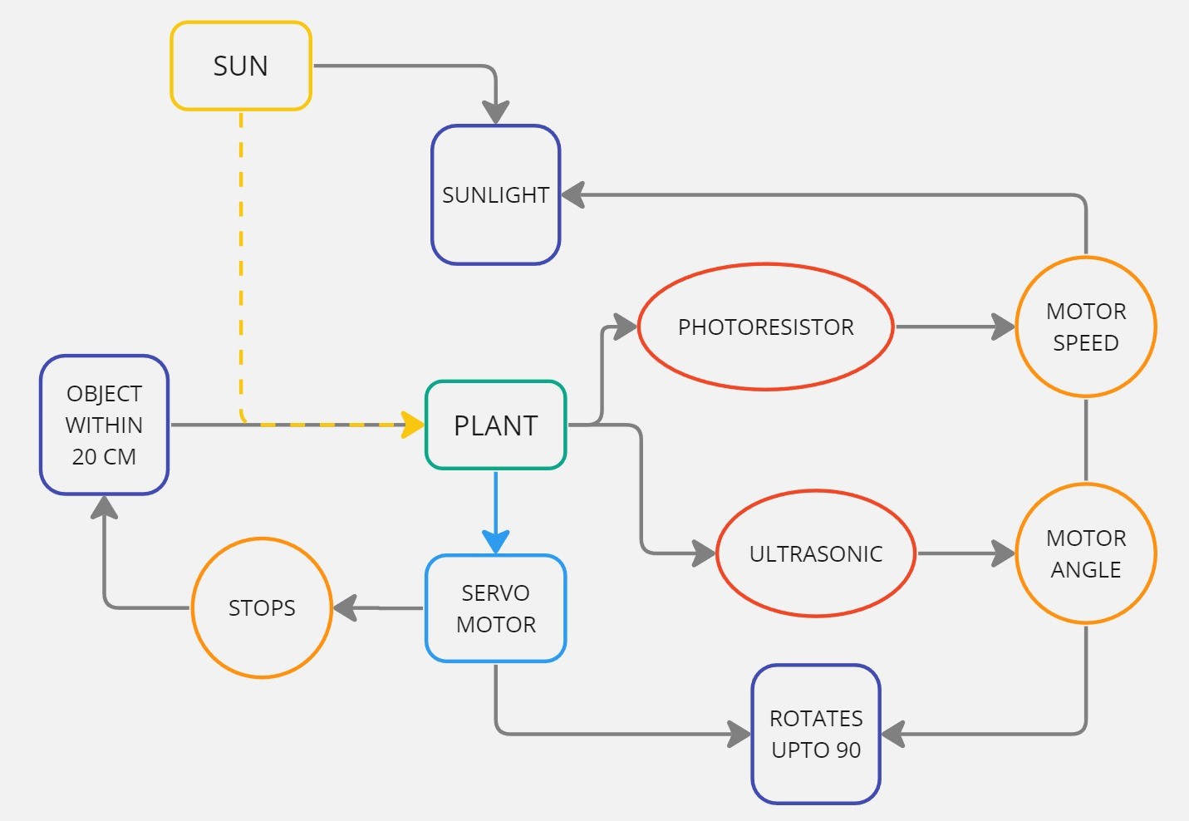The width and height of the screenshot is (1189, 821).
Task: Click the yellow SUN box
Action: coord(241,66)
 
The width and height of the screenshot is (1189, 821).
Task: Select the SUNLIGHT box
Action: coord(495,195)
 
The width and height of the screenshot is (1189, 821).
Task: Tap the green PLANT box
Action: coord(495,425)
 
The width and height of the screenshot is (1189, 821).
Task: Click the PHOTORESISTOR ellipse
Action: coord(765,327)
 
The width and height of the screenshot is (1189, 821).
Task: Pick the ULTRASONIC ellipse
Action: coord(815,553)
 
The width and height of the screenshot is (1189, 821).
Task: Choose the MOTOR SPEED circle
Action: coord(1085,327)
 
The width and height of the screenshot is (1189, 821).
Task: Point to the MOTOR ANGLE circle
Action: coord(1085,553)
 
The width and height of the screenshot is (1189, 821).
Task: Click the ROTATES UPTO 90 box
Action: coord(815,734)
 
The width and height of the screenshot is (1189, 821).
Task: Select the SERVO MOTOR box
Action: coord(495,608)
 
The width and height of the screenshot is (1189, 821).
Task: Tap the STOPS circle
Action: coord(262,608)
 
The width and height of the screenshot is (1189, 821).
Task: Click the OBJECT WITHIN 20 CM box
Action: coord(104,425)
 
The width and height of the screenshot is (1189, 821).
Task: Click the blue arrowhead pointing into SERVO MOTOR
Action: coord(495,541)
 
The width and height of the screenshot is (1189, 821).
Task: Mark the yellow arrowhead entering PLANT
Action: coord(413,425)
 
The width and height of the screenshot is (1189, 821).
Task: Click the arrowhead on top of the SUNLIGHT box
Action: coord(495,113)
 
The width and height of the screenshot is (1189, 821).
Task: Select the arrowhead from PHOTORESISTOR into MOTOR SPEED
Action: coord(1003,327)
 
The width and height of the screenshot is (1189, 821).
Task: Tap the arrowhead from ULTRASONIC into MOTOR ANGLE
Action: coord(1003,553)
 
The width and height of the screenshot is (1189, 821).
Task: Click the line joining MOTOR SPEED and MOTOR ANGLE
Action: coord(1085,440)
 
